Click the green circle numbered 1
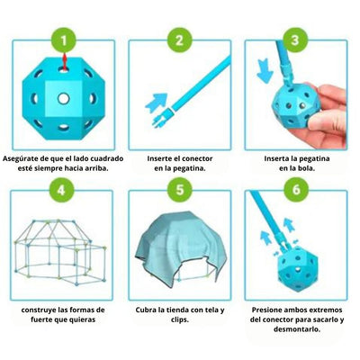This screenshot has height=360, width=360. [x=63, y=40]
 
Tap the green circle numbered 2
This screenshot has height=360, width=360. [x=180, y=40]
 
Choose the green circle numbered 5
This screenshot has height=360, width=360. [x=180, y=192]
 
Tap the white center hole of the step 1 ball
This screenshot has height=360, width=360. [x=63, y=97]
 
